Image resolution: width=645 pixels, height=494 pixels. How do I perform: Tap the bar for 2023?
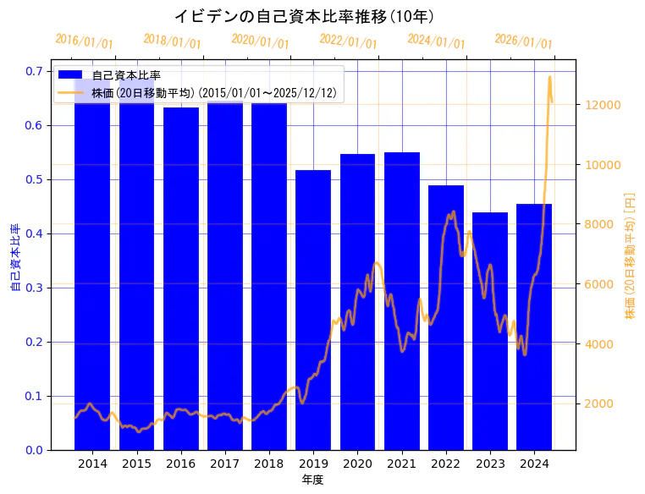[490, 331]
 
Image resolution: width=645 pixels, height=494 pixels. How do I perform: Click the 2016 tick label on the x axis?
[181, 464]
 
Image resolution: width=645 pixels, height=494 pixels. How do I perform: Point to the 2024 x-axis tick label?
[534, 464]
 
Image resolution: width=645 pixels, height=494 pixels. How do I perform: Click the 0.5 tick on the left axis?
[33, 179]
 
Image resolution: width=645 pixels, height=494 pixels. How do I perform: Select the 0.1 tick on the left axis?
[33, 396]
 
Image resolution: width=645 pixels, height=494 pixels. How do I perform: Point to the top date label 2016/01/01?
[85, 41]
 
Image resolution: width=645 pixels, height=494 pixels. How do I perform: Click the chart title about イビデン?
[304, 16]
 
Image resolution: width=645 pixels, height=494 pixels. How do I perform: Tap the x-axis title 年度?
[313, 480]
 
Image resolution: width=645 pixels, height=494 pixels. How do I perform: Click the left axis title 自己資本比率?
[15, 258]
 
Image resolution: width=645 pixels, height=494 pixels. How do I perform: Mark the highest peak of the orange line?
[549, 77]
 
